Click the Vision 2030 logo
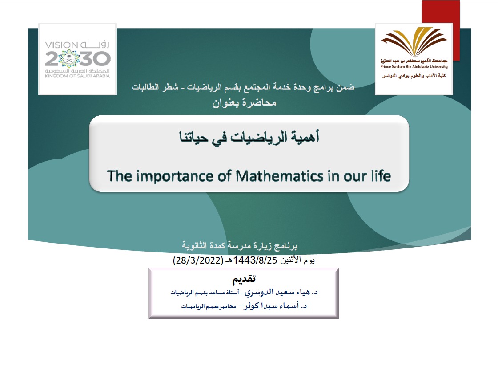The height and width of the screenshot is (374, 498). pos(77,59)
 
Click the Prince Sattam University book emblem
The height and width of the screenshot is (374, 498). pos(414,41)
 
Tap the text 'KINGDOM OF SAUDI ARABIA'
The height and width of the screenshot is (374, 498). pos(77,76)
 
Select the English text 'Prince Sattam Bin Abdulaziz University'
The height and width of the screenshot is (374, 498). pos(414,67)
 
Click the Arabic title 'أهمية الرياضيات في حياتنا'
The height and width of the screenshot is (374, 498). pos(249,137)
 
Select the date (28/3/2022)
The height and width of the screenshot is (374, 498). pos(198,260)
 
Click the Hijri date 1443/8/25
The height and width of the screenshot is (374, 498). pos(255,260)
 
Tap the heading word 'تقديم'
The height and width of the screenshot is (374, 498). pos(244,279)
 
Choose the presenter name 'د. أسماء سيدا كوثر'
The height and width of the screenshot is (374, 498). pos(275,306)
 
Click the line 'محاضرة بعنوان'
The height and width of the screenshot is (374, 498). pos(244,103)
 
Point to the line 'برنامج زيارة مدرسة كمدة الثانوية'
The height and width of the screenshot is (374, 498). pos(240,245)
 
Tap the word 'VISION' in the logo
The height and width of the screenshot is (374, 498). pos(62,45)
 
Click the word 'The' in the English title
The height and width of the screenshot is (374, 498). pos(120,176)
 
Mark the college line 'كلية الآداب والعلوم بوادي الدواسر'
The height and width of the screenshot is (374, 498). pos(414,76)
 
